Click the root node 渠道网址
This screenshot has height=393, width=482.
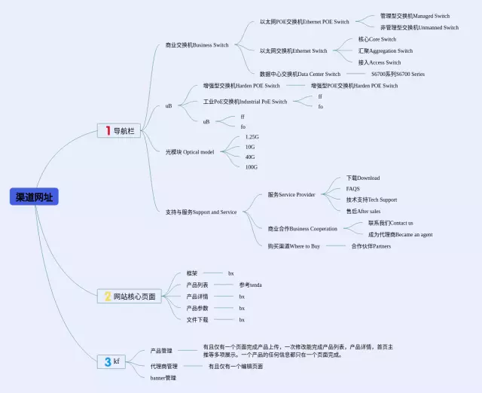(35, 197)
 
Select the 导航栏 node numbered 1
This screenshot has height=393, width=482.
(119, 131)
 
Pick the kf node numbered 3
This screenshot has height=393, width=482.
(111, 361)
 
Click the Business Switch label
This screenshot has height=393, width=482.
(197, 45)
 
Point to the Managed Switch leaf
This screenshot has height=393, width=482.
(414, 16)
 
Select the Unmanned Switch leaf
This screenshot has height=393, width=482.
(419, 28)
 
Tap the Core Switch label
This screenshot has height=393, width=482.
(377, 39)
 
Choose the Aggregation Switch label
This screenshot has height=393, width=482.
(385, 51)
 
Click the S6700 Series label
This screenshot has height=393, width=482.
(398, 75)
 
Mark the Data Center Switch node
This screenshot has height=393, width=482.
(300, 75)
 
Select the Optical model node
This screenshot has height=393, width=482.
(190, 152)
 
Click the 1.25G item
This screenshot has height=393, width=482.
(252, 137)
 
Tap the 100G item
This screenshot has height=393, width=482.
(251, 167)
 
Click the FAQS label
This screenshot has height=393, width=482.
(352, 189)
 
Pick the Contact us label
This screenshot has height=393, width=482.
(390, 223)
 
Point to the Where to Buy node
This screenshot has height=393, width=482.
(294, 246)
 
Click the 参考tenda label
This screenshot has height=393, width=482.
(250, 285)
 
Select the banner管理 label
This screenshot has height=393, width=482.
(163, 378)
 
